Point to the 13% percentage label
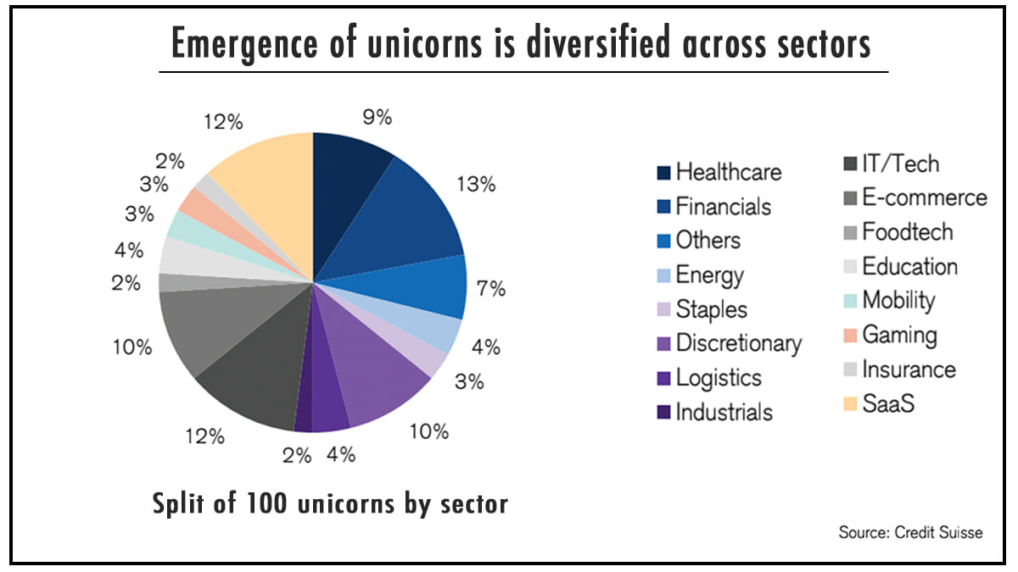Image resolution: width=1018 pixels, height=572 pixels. tap(475, 184)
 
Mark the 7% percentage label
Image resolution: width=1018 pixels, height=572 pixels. tap(491, 289)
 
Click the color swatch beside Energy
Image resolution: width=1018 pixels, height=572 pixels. tap(664, 275)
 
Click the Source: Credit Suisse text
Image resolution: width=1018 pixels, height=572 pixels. tap(910, 533)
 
